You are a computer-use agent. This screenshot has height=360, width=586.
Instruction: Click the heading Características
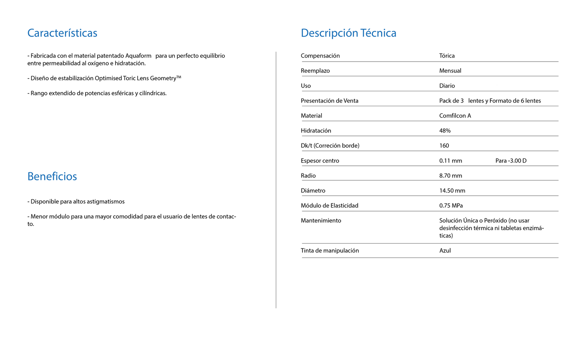pos(62,33)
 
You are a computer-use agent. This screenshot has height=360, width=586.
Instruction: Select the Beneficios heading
pos(52,176)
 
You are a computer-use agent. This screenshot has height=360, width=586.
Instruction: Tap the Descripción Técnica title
pos(348,33)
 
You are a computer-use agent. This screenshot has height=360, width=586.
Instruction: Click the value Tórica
pos(446,56)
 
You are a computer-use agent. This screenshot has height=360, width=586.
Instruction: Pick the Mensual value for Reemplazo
pos(450,71)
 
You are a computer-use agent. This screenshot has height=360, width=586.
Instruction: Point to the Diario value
pos(447,86)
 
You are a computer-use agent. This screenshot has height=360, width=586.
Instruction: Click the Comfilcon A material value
pos(455,116)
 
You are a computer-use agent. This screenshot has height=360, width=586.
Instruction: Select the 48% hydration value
pos(445,131)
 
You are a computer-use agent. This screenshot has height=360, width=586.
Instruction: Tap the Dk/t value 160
pos(444,146)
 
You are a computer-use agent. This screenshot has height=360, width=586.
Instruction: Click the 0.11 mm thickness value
pos(451,161)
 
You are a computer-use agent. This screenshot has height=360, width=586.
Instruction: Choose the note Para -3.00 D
pos(511,161)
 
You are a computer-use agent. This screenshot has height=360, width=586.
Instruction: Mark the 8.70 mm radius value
pos(451,176)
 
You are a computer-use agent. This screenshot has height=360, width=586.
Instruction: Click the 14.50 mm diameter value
pos(452,191)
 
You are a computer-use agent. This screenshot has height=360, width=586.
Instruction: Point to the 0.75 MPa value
pos(451,206)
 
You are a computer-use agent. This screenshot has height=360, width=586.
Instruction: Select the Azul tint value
pos(445,251)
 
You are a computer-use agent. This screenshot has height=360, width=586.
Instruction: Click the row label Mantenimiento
pos(321,221)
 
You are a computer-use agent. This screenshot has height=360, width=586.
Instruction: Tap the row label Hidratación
pos(316,131)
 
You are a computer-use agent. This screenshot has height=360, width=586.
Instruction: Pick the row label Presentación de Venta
pos(329,101)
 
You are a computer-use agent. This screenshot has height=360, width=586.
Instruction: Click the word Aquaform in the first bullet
pos(138,56)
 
